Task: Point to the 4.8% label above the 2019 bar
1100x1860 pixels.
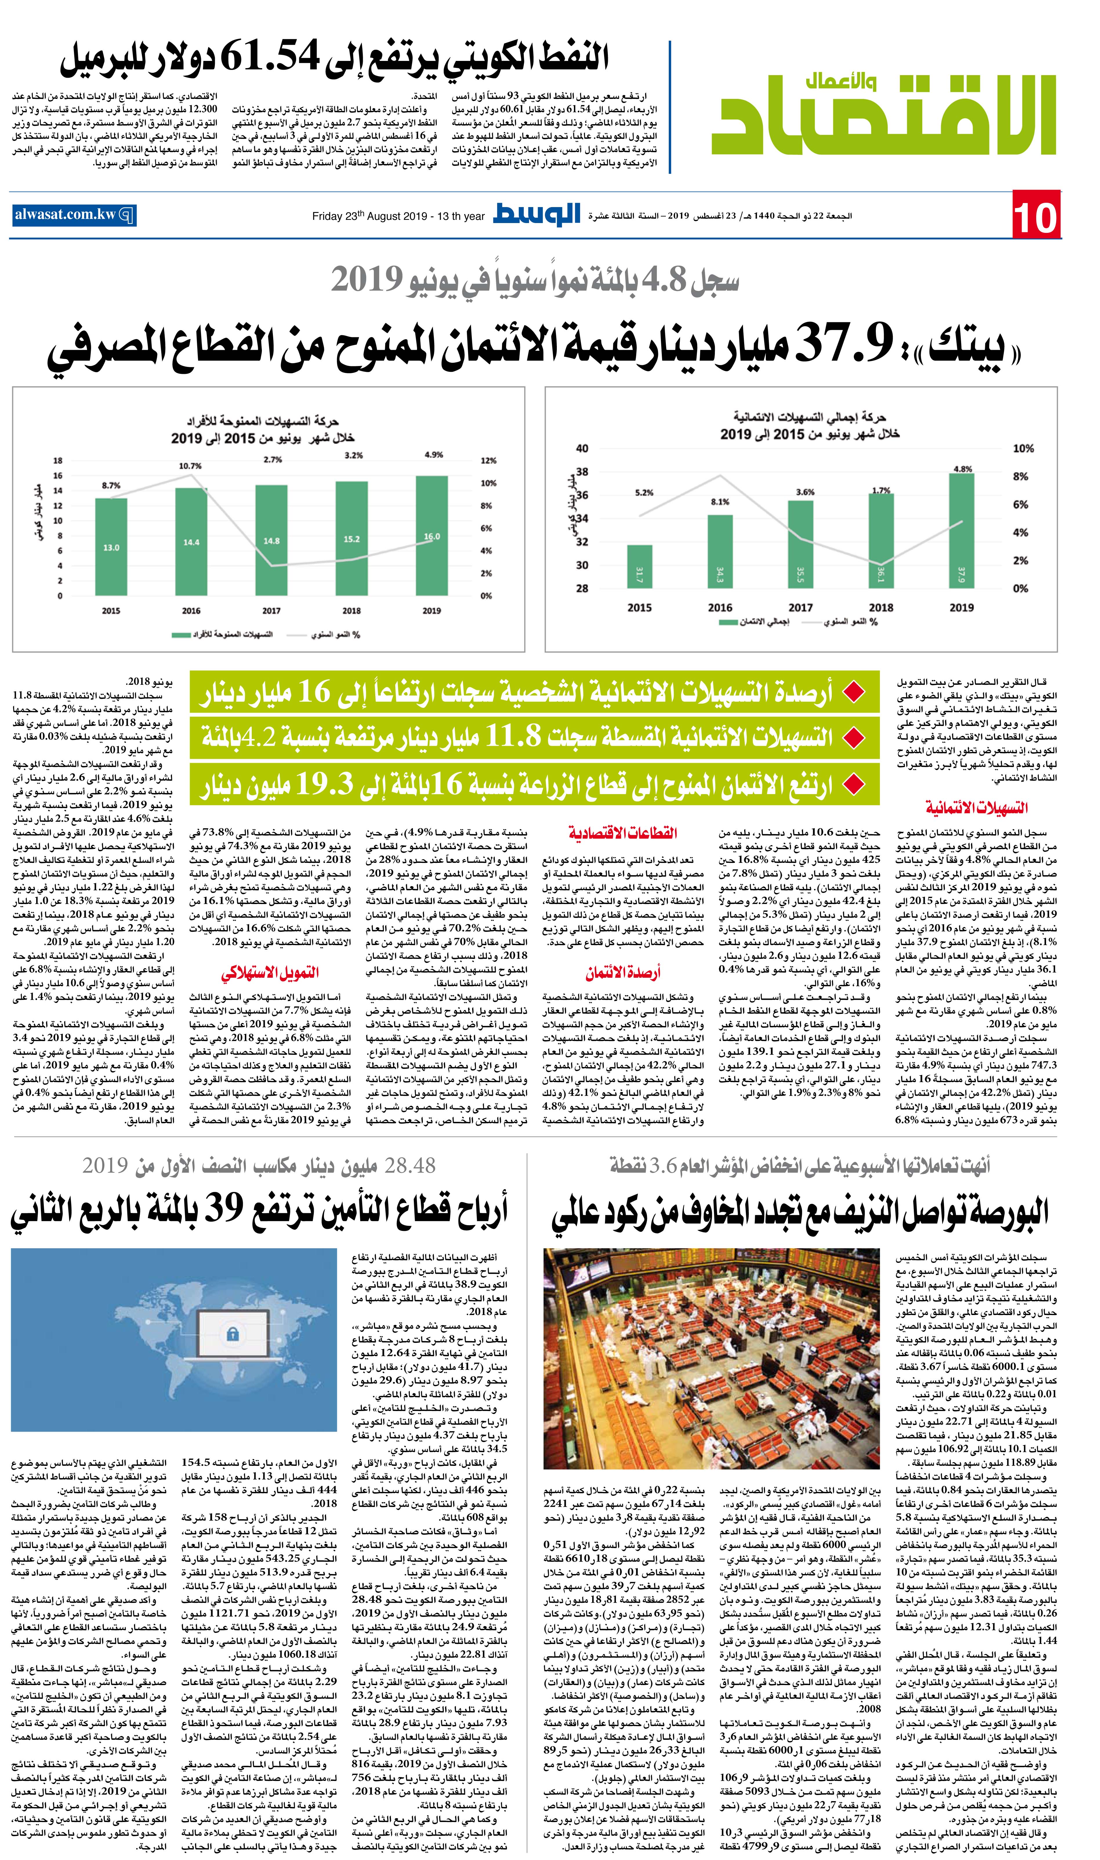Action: click(962, 468)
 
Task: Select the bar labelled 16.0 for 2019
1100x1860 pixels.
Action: click(432, 535)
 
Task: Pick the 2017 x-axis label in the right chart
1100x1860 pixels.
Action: click(800, 607)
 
